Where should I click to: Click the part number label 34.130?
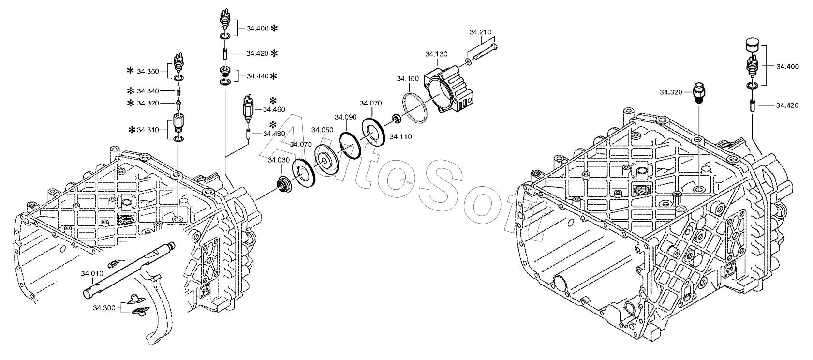436,54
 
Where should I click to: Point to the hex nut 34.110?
396,119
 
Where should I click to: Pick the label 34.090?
345,117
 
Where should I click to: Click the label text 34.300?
104,308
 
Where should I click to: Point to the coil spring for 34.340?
178,90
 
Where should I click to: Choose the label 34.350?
148,71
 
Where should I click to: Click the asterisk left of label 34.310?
132,130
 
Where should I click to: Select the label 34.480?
274,134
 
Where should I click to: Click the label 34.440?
258,76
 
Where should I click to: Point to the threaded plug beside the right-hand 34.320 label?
699,93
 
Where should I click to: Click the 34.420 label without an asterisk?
787,105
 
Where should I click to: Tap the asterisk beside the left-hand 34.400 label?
274,29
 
